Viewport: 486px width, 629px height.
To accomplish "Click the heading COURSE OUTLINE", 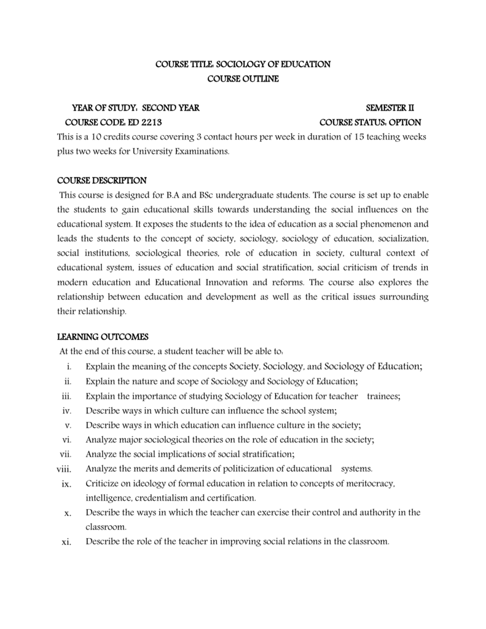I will click(x=243, y=79).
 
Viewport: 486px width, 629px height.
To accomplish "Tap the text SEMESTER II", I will click(x=390, y=108).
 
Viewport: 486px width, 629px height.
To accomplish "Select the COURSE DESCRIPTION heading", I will click(x=102, y=181).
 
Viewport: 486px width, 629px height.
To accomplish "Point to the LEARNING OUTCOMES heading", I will click(x=103, y=337).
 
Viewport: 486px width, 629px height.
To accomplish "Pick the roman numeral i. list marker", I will click(x=69, y=367).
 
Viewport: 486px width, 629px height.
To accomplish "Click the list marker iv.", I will click(x=68, y=410).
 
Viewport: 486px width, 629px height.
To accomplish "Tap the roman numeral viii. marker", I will click(x=65, y=469).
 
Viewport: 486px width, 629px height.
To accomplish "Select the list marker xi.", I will click(x=67, y=542).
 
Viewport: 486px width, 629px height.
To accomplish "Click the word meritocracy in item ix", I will click(x=369, y=483).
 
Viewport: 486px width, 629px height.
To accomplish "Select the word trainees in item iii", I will click(x=383, y=396).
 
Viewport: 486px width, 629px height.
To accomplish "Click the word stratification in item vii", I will click(x=264, y=454).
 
